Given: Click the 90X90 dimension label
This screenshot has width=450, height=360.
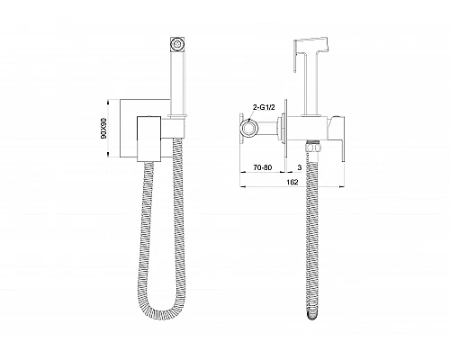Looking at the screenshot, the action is [x=103, y=128].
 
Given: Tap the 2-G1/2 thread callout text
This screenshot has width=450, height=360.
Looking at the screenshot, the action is [x=264, y=108].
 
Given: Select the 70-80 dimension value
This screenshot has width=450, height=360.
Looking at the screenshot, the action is [x=263, y=167].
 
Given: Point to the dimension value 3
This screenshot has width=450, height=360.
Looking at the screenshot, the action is [x=300, y=167].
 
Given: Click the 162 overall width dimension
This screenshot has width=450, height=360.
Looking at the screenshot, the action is [x=292, y=182].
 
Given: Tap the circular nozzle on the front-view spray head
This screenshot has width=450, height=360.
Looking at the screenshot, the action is [x=178, y=45].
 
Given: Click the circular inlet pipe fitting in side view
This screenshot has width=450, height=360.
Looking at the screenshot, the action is [x=249, y=128].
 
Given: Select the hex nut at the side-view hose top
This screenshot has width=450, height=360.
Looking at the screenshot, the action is [x=313, y=148].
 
